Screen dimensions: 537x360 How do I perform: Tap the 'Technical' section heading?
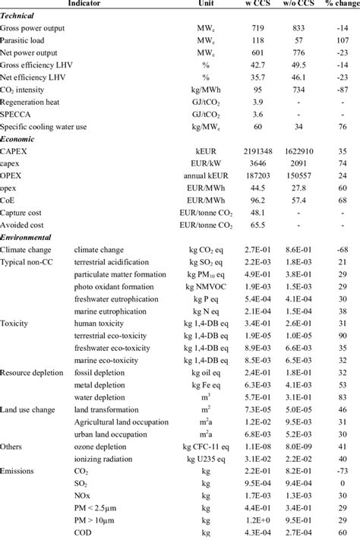pyautogui.click(x=20, y=15)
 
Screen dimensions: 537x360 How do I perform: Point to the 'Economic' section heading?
pyautogui.click(x=20, y=140)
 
